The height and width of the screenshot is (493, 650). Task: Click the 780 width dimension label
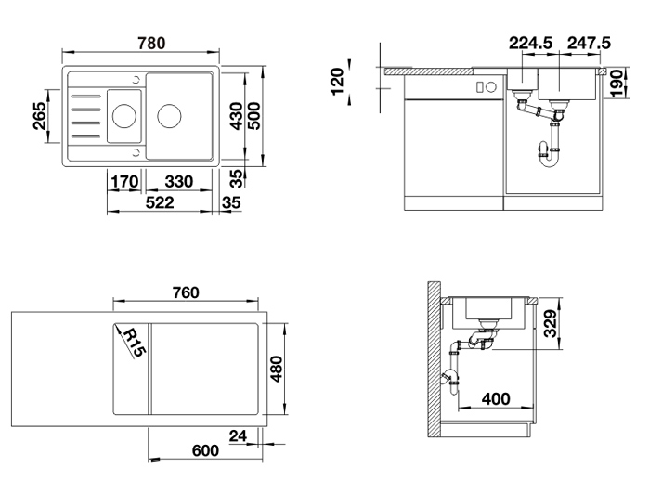151,43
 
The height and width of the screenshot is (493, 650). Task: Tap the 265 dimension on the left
40,116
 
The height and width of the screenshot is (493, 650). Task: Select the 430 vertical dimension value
237,116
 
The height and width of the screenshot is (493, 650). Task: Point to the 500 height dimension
254,116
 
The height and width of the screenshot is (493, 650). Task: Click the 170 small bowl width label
124,182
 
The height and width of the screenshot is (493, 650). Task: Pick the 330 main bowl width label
179,182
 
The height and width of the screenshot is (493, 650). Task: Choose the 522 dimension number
160,202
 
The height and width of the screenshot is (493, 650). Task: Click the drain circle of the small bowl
123,116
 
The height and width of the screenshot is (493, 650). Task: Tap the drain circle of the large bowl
169,116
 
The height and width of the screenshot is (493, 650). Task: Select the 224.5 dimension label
530,43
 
